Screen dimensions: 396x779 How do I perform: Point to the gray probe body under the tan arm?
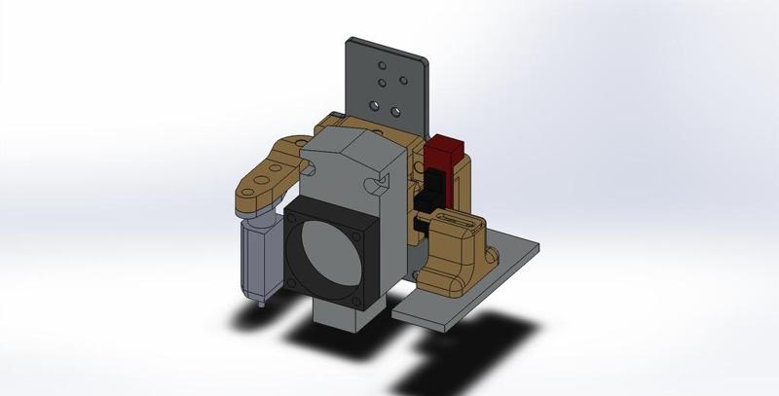[x=257, y=255]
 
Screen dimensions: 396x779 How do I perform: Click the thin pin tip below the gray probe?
[x=260, y=304]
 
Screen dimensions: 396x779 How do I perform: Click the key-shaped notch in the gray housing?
[x=373, y=182]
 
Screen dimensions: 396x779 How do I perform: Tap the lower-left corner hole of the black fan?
[x=293, y=282]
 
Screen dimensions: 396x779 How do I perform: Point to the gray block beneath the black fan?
[x=336, y=316]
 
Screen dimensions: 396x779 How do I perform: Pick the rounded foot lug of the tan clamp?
[x=485, y=255]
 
